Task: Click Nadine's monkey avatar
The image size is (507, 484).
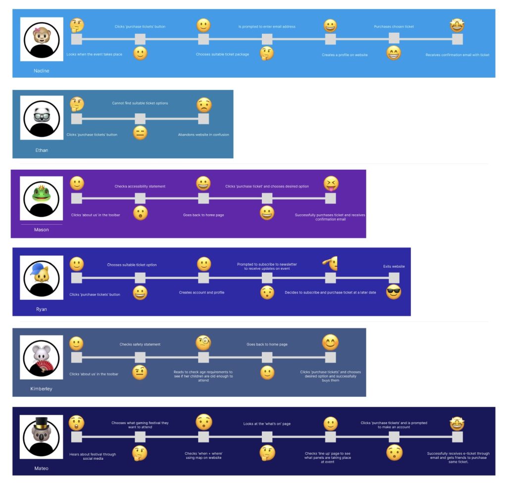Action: tap(42, 39)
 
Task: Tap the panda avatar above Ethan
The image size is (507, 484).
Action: tap(42, 118)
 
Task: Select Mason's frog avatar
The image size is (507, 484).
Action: tap(42, 198)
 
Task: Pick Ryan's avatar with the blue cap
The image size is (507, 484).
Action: tap(42, 277)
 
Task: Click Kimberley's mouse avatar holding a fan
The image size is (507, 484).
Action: tap(42, 357)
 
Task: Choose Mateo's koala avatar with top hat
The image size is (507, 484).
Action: tap(42, 436)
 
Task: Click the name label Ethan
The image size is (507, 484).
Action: tap(42, 150)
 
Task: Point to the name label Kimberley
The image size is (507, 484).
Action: tap(42, 388)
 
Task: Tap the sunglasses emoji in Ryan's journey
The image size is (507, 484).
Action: tap(394, 292)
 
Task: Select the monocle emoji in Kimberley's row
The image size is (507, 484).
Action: tap(203, 342)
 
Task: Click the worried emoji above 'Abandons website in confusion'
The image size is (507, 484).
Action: tap(203, 105)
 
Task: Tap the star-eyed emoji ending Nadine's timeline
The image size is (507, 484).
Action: tap(457, 25)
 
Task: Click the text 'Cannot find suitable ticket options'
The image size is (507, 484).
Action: tap(140, 103)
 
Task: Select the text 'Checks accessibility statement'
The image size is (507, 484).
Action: tap(140, 187)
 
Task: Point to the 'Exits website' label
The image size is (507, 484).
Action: tap(394, 266)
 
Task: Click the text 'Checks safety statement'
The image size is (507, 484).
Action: tap(140, 344)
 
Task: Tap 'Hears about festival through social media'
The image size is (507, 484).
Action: tap(93, 456)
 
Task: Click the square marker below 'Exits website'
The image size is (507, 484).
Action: tap(394, 278)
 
